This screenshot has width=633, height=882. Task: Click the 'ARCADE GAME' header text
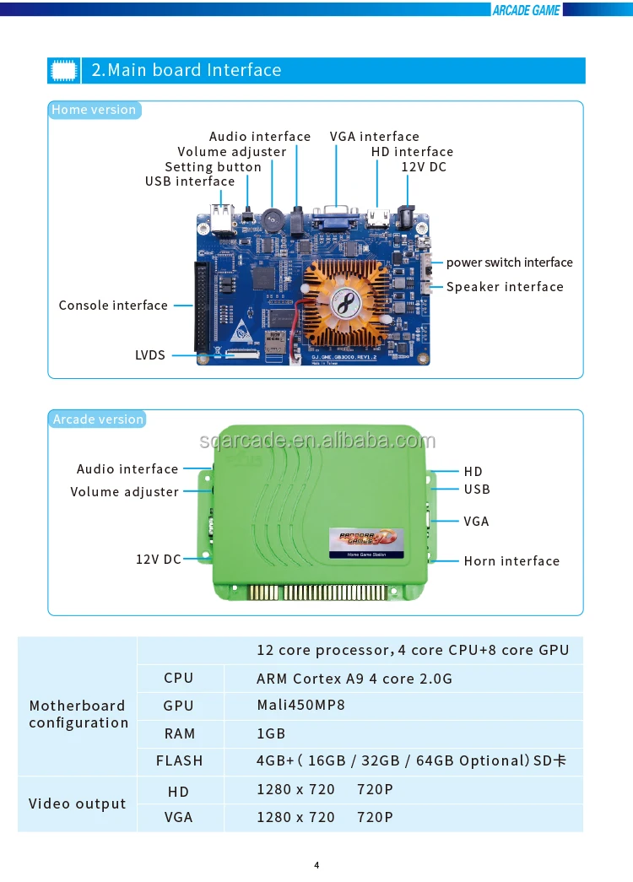tap(526, 10)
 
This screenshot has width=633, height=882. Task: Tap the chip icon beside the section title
tap(64, 70)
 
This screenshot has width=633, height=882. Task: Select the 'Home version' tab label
tap(93, 110)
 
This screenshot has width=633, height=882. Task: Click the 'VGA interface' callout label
tap(374, 137)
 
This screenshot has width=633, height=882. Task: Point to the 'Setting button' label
tap(213, 167)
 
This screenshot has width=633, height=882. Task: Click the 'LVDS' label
tap(150, 355)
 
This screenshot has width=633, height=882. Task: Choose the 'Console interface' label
tap(113, 306)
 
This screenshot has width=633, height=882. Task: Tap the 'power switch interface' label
tap(509, 262)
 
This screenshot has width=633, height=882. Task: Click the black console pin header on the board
tap(201, 306)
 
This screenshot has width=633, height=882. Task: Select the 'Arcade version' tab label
tap(98, 419)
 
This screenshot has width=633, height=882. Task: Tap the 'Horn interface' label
tap(511, 561)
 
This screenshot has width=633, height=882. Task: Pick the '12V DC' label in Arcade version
tap(159, 559)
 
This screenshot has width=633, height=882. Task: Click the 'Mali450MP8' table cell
tap(300, 706)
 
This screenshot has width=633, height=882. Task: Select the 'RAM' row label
tap(179, 733)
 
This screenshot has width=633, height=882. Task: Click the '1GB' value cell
tap(271, 733)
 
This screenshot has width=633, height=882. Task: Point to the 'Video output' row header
tap(77, 804)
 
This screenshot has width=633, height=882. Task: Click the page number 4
tap(316, 864)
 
